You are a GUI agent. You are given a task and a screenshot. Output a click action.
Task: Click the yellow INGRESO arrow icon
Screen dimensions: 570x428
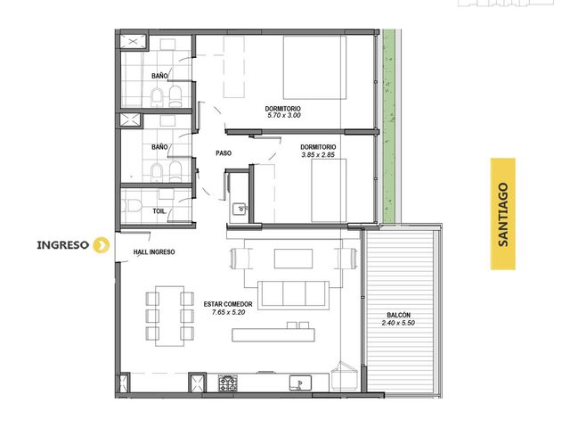(x=101, y=245)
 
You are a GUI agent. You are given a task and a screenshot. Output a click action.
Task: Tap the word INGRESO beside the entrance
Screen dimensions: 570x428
(x=63, y=245)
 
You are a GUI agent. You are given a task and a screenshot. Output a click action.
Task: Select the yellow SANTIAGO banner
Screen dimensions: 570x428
(x=502, y=214)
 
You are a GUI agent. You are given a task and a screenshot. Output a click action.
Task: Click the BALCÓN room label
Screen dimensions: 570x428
(x=398, y=315)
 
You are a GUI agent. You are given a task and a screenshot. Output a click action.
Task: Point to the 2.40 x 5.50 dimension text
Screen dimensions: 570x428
(x=398, y=323)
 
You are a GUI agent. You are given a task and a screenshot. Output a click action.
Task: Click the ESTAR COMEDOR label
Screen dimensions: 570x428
(x=228, y=304)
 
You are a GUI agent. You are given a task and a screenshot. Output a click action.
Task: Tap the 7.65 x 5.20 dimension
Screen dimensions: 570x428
(x=228, y=312)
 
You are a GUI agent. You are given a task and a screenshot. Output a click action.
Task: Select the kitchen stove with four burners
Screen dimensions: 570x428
(x=228, y=383)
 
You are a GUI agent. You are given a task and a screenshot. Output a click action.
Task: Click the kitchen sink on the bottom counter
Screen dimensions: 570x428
(x=300, y=383)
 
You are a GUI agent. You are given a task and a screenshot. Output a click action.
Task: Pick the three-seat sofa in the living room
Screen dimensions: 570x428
(x=293, y=295)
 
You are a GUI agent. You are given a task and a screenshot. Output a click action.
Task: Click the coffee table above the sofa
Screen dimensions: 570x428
(x=293, y=259)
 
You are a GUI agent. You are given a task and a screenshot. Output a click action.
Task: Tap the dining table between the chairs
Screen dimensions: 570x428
(x=169, y=316)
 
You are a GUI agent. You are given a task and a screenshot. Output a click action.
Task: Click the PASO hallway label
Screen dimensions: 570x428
(x=224, y=153)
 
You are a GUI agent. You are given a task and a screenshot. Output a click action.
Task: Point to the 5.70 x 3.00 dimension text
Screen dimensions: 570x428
(x=284, y=115)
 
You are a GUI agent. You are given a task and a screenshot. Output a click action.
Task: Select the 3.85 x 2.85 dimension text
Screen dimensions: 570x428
(x=318, y=154)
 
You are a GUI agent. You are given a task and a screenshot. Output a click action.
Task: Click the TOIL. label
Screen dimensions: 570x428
(x=159, y=211)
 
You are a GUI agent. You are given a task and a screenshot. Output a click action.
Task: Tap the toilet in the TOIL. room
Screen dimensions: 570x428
(x=131, y=206)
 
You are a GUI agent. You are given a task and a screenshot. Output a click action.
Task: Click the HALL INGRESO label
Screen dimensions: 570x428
(x=154, y=251)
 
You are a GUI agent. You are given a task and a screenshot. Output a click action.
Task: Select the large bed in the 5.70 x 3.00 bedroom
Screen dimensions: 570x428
(x=314, y=68)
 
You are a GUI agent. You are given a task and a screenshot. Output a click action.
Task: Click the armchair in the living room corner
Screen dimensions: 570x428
(x=345, y=374)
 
